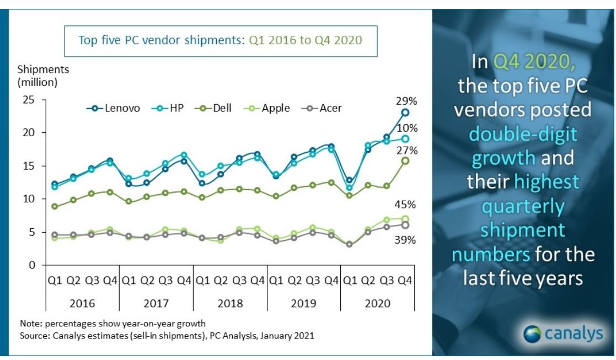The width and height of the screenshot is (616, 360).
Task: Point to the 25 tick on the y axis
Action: coord(28,100)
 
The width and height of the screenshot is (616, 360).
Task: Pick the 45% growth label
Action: coord(406,205)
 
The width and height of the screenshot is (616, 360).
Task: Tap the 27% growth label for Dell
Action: coord(406,150)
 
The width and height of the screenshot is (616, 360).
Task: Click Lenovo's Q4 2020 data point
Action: coord(405,112)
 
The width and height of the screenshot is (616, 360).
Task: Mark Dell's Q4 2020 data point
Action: coord(405,160)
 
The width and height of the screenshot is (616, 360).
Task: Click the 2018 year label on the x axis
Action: coord(229,303)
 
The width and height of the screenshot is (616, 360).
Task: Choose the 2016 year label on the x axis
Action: coord(82,303)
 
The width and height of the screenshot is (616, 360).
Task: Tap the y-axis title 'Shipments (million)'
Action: coord(38,76)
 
